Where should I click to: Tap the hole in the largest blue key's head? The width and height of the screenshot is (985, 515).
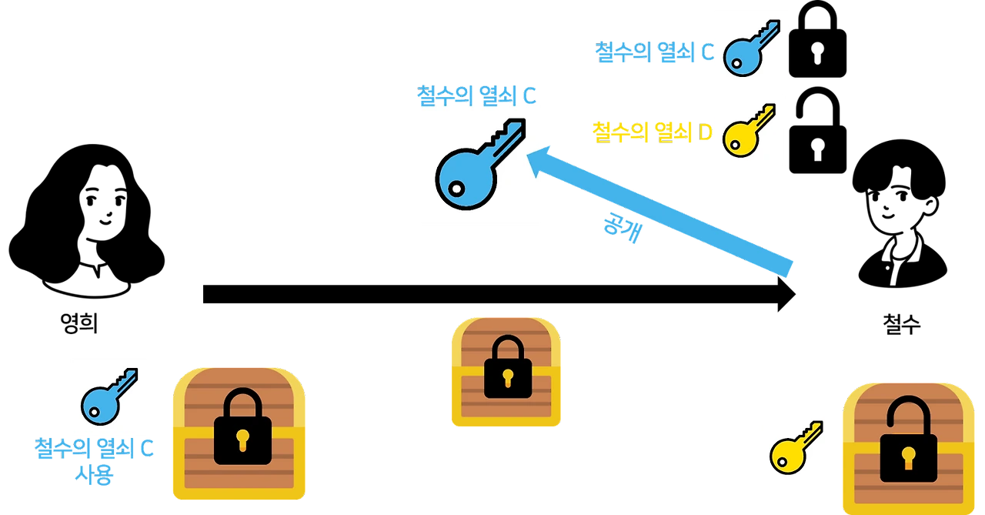(456, 187)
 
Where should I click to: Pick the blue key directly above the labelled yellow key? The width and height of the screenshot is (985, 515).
(751, 49)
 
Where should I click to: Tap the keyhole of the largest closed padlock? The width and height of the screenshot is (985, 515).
(242, 440)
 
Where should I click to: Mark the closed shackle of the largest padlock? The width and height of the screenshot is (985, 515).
(242, 403)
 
